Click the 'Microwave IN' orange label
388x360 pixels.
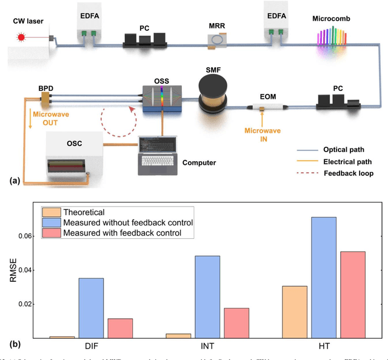(261, 131)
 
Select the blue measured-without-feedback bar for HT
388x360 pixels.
(324, 277)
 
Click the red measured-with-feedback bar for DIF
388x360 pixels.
(120, 328)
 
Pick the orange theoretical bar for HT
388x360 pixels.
(295, 312)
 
